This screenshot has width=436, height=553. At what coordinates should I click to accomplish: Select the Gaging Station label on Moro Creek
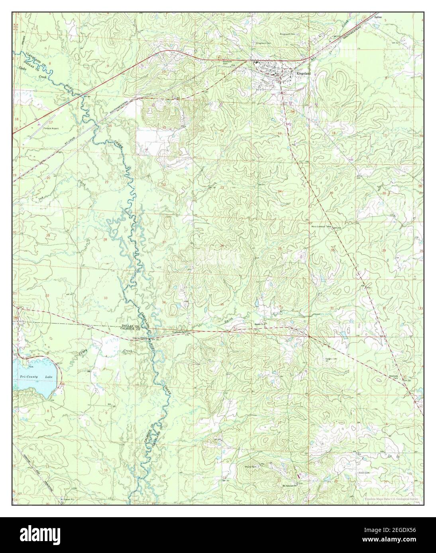tap(140, 339)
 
